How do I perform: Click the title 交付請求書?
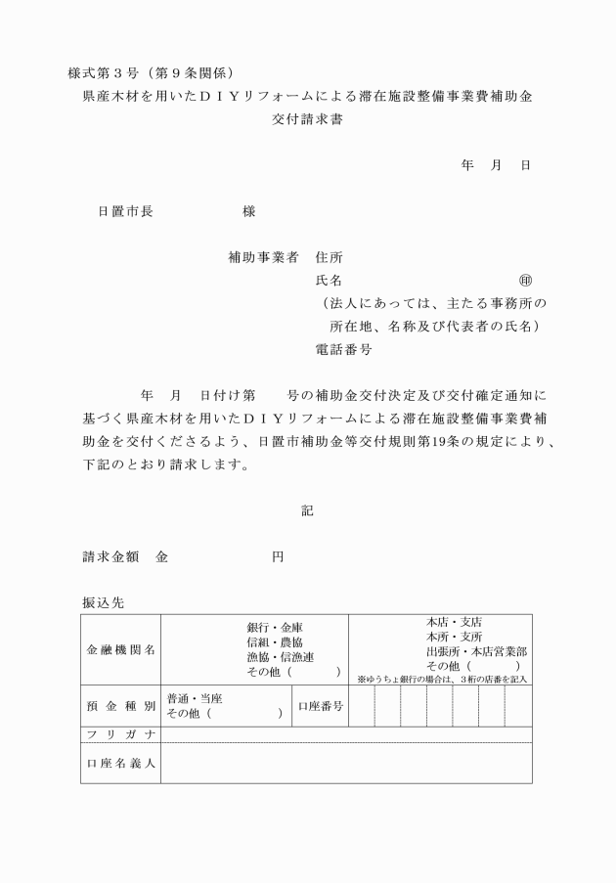tap(308, 121)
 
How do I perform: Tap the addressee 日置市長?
tap(124, 211)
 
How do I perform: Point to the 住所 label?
tap(329, 258)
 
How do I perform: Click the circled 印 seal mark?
tap(525, 281)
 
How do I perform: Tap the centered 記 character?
tap(307, 509)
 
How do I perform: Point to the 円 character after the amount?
tap(278, 556)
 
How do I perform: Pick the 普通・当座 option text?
tap(195, 698)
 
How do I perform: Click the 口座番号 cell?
tap(320, 705)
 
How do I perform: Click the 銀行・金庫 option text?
tap(275, 627)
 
